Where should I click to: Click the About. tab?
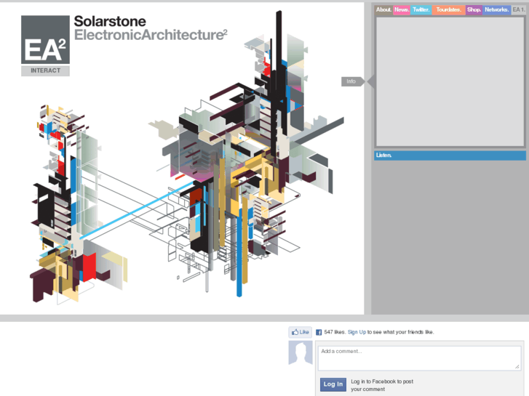pyautogui.click(x=383, y=9)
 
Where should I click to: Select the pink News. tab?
pyautogui.click(x=402, y=9)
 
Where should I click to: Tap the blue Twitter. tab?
pyautogui.click(x=421, y=9)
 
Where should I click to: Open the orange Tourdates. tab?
pyautogui.click(x=448, y=9)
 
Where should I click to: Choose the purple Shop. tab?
pyautogui.click(x=474, y=9)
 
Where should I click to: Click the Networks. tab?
pyautogui.click(x=496, y=9)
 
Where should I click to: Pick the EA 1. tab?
pyautogui.click(x=518, y=9)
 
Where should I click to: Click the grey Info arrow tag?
pyautogui.click(x=354, y=81)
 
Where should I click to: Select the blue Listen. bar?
pyautogui.click(x=449, y=155)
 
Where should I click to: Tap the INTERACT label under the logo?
pyautogui.click(x=46, y=71)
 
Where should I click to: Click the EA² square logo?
pyautogui.click(x=45, y=41)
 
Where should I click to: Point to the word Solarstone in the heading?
pyautogui.click(x=110, y=23)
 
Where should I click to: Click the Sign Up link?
pyautogui.click(x=357, y=332)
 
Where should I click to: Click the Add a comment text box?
pyautogui.click(x=419, y=357)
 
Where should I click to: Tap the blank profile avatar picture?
pyautogui.click(x=301, y=352)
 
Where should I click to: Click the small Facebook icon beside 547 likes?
pyautogui.click(x=319, y=332)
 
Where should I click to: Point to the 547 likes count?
pyautogui.click(x=334, y=332)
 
